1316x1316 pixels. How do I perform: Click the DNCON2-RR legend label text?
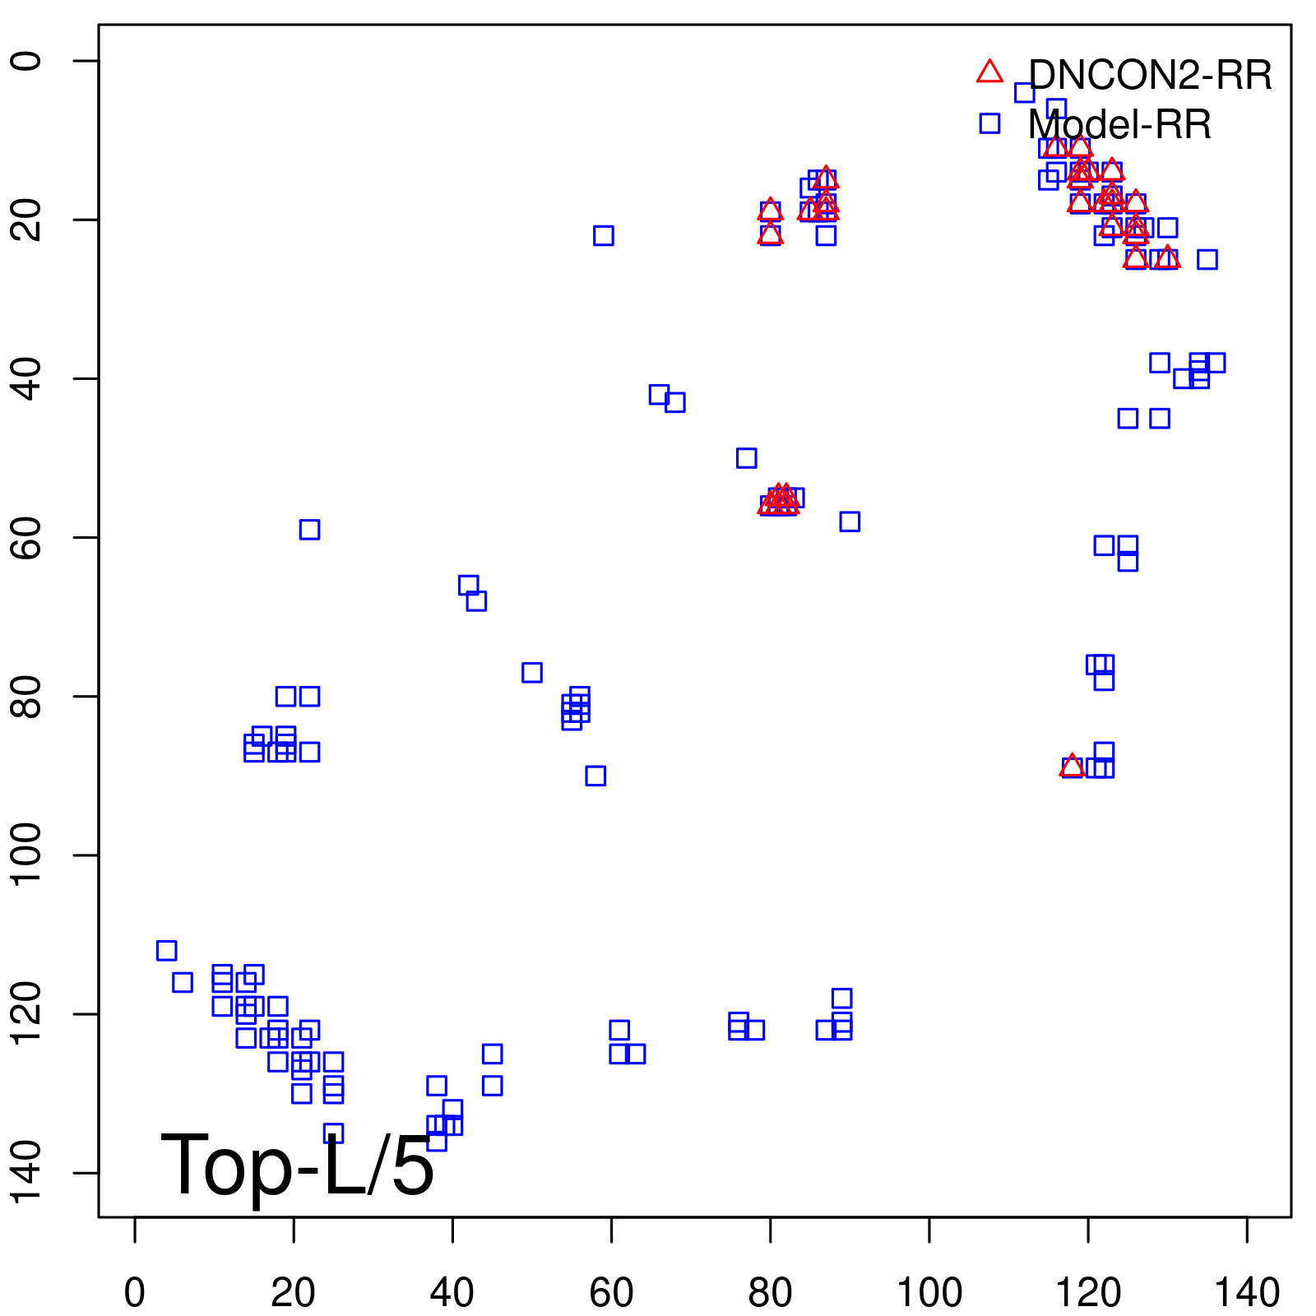[x=1150, y=76]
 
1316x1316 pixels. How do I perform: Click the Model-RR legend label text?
[x=1119, y=125]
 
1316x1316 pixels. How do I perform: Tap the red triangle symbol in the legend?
[x=989, y=72]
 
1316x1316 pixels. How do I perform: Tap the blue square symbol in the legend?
[x=989, y=123]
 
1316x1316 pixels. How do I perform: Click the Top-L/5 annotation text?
[x=297, y=1165]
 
